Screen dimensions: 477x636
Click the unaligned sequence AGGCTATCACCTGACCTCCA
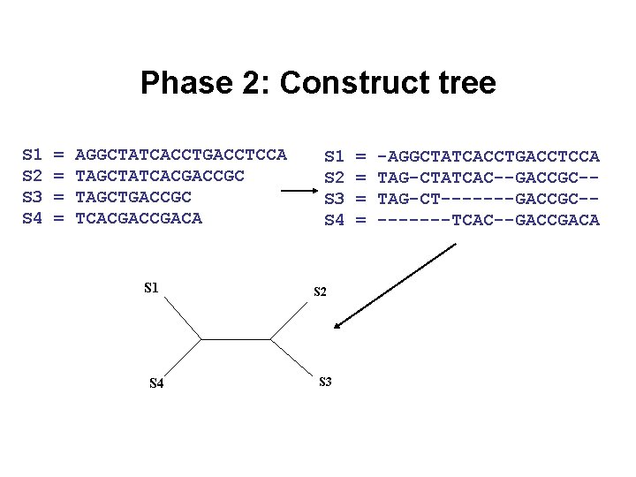(x=181, y=155)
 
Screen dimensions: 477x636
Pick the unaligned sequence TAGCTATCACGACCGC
(x=160, y=176)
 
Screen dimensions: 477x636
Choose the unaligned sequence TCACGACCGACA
(x=139, y=218)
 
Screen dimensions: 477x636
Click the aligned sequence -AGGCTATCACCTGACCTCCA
(x=488, y=156)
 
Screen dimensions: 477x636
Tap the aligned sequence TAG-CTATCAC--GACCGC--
(x=488, y=178)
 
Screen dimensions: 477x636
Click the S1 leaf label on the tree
(x=151, y=287)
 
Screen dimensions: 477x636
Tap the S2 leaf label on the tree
(x=321, y=291)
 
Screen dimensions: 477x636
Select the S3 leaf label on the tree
(x=324, y=382)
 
